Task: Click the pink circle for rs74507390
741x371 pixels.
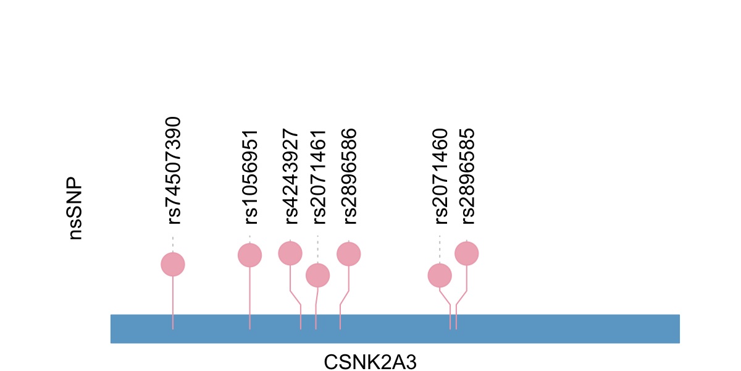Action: [173, 264]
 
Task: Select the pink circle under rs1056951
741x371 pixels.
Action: [249, 255]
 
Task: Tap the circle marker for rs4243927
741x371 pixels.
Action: [290, 253]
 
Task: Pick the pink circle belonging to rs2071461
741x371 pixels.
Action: [317, 275]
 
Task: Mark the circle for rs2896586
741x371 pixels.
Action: [348, 254]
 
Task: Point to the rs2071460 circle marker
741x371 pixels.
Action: [440, 275]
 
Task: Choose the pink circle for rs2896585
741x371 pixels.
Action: [467, 253]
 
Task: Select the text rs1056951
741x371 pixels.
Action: [250, 177]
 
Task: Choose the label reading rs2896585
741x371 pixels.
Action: [467, 176]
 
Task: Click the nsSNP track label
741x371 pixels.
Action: [75, 209]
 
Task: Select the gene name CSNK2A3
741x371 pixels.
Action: [370, 361]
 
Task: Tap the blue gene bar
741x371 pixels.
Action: [556, 328]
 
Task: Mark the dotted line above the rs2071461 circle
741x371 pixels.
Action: [317, 249]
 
